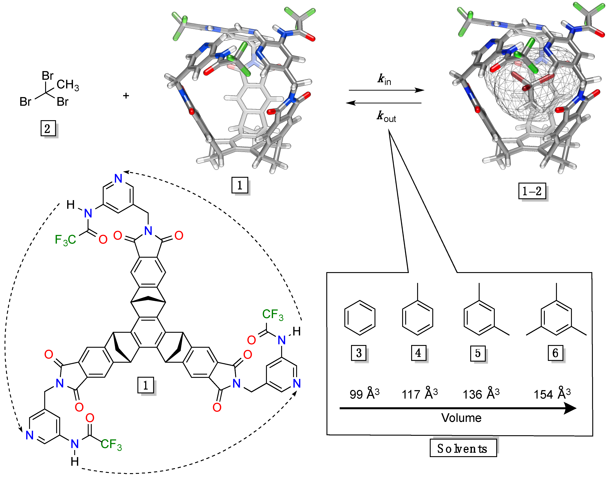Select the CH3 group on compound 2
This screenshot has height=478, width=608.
(68, 84)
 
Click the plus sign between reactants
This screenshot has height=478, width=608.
(126, 96)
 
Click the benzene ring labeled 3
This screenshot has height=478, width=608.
(360, 318)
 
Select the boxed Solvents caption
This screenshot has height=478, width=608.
(463, 448)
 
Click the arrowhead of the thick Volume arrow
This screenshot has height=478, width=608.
(570, 408)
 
